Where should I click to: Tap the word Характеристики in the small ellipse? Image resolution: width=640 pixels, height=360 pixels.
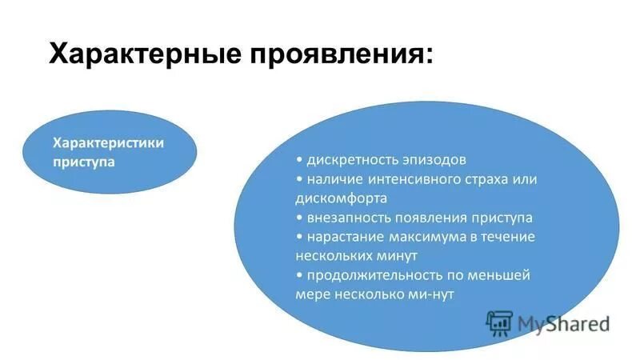108,142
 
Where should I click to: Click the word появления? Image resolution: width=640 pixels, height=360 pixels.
429,218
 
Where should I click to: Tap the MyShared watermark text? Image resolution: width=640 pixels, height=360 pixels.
563,323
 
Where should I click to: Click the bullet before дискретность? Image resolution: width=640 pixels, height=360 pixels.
298,159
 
